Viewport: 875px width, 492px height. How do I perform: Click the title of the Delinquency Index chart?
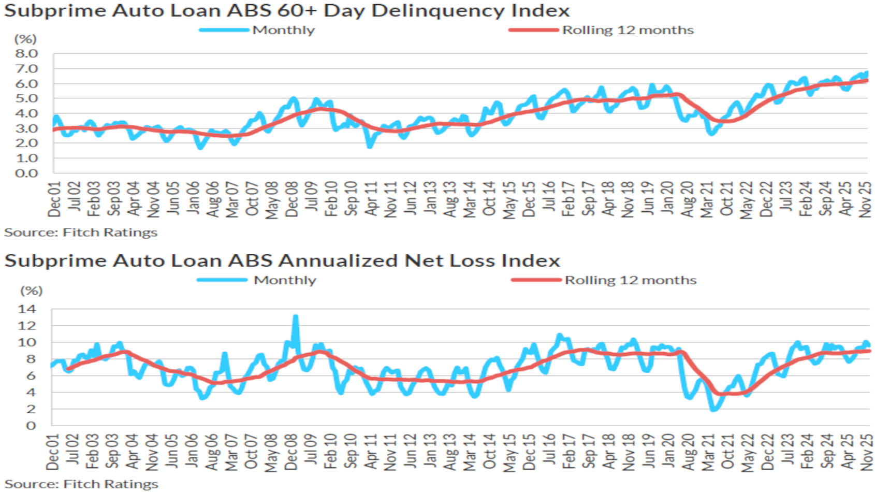287,10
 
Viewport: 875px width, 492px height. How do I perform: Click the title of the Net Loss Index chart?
282,261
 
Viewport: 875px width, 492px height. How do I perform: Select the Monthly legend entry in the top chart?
283,30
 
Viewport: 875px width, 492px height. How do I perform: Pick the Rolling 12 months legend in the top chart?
628,30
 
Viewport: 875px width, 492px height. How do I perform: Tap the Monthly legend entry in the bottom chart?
285,280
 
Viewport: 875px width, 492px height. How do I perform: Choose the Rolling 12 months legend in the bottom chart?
630,280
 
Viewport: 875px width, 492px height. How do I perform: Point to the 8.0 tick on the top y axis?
26,54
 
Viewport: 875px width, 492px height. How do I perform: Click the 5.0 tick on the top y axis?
26,98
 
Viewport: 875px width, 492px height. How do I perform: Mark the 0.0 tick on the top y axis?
26,173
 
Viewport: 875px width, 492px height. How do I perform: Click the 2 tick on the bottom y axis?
31,409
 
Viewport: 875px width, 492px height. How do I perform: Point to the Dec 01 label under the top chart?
54,199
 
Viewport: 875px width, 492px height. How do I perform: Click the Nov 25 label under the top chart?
865,199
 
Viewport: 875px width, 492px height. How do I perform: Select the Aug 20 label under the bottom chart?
688,452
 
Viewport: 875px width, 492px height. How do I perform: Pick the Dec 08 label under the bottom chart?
291,452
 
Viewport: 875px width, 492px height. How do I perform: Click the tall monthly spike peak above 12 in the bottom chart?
296,316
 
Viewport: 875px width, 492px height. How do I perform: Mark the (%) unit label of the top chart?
25,39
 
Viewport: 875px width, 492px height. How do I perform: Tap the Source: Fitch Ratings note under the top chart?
81,233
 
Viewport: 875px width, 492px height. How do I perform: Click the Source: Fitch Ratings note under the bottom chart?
81,484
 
